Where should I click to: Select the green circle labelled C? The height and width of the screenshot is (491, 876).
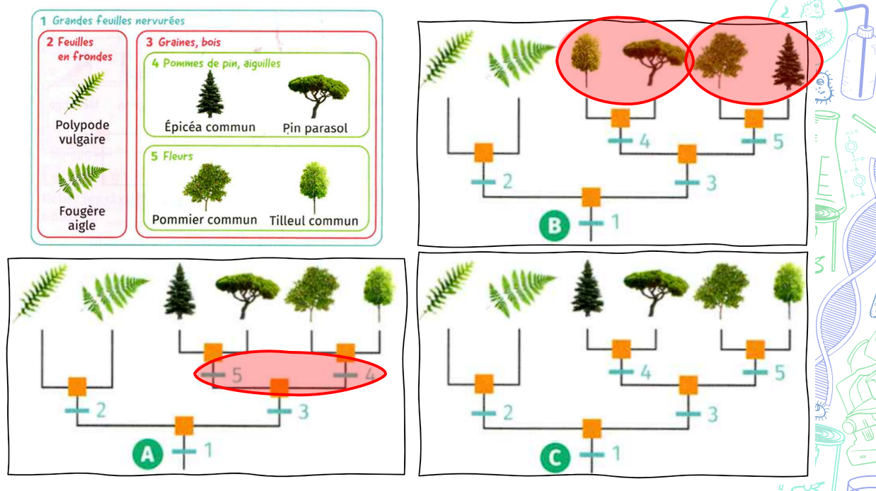tap(555, 458)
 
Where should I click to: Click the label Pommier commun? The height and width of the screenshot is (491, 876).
tap(204, 219)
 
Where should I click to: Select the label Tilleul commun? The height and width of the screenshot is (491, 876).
tap(313, 221)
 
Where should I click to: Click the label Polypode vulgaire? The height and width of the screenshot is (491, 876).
tap(81, 132)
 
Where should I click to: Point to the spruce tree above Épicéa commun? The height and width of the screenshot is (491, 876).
tap(209, 94)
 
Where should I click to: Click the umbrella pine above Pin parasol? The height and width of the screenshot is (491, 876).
tap(318, 94)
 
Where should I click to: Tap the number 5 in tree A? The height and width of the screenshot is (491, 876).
tap(236, 375)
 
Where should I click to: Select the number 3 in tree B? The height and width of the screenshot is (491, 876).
tap(710, 183)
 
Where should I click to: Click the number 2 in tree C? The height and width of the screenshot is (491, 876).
tap(507, 412)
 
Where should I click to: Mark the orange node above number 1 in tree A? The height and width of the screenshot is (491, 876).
tap(184, 426)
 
